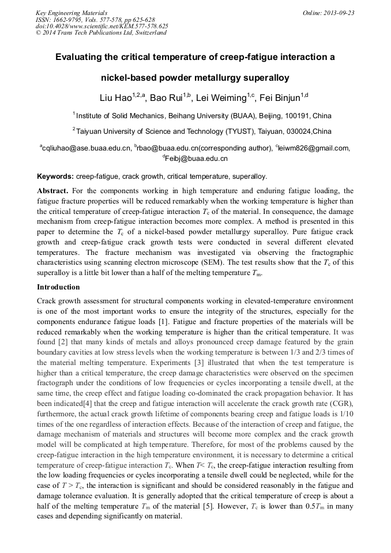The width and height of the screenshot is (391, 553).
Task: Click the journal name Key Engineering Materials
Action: click(x=70, y=13)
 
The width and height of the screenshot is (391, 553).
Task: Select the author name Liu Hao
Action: click(x=114, y=97)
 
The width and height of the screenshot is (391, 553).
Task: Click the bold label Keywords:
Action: click(x=55, y=176)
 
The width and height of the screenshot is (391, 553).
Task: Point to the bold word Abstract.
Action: click(x=54, y=190)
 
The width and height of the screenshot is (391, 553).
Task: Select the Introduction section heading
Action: click(x=58, y=287)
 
